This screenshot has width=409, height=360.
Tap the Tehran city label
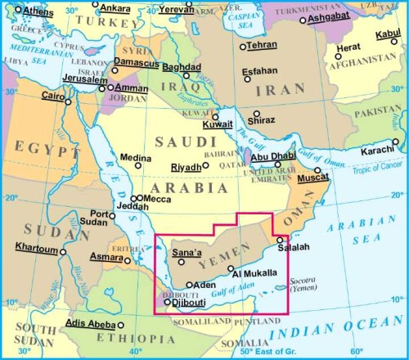click(x=263, y=46)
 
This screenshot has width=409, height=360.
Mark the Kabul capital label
click(x=388, y=34)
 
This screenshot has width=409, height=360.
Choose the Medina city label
click(x=135, y=158)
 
